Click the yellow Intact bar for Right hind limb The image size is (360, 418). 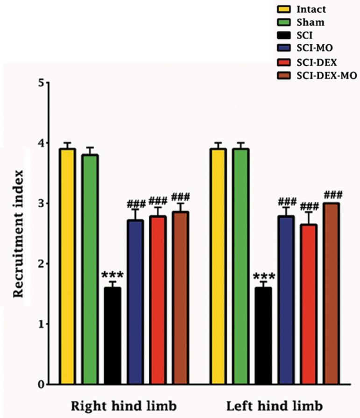[x=67, y=266]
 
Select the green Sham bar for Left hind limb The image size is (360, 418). [x=241, y=266]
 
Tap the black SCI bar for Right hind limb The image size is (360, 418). [x=113, y=336]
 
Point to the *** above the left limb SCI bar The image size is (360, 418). [x=264, y=276]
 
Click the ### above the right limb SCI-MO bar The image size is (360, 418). [x=136, y=204]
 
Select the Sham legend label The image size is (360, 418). [x=310, y=22]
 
